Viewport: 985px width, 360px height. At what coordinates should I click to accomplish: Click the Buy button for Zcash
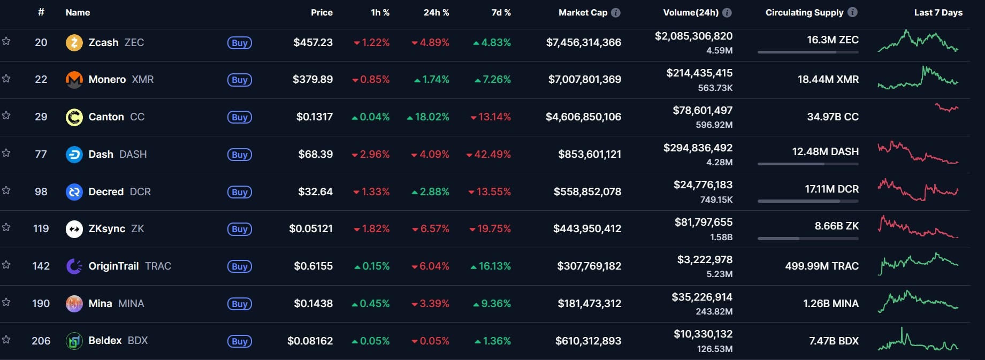point(239,43)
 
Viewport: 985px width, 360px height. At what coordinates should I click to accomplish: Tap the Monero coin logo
point(74,80)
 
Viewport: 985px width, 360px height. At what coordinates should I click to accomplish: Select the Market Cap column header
point(583,12)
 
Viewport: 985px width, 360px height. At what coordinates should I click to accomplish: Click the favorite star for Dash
point(6,153)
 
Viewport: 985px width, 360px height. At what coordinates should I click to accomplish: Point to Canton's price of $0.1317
point(314,117)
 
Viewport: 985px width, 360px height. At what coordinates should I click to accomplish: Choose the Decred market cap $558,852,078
point(587,192)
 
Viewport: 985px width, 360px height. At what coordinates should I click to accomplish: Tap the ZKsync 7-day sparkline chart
point(918,227)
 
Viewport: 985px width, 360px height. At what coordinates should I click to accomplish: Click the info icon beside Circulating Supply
point(853,12)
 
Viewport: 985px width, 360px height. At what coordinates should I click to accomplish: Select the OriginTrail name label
point(113,266)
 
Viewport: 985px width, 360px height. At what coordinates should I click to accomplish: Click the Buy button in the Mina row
point(239,304)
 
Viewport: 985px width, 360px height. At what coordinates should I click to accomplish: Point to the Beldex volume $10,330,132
point(703,334)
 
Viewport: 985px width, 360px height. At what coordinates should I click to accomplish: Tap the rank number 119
point(41,228)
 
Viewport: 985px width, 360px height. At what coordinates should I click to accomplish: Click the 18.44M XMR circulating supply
point(828,80)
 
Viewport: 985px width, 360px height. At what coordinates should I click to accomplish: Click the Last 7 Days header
point(938,12)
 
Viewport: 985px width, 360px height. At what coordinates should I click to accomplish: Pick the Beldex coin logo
point(74,341)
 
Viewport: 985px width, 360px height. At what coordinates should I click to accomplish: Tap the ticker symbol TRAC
point(158,266)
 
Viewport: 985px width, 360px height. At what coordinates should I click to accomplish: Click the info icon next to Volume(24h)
point(727,12)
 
